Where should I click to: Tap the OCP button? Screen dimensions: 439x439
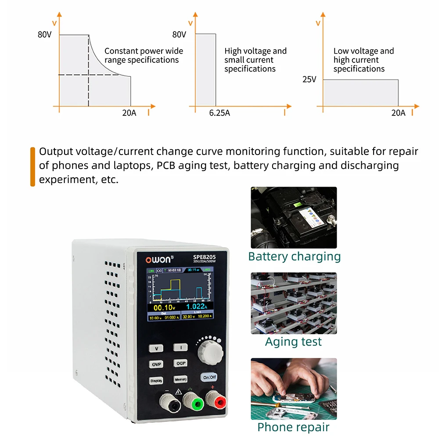click(x=181, y=363)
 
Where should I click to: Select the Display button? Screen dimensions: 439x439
click(x=156, y=380)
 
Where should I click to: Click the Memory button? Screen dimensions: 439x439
click(x=180, y=379)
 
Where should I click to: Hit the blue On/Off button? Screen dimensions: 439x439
click(x=209, y=377)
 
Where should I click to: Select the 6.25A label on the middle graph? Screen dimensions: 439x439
click(x=219, y=113)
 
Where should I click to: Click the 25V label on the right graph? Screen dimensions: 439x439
click(x=309, y=79)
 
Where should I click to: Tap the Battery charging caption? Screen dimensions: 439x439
click(x=294, y=256)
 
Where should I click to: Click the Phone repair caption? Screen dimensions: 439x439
click(x=293, y=427)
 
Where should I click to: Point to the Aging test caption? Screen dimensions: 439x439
click(x=293, y=342)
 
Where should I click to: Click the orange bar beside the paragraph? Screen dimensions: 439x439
click(x=32, y=166)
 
